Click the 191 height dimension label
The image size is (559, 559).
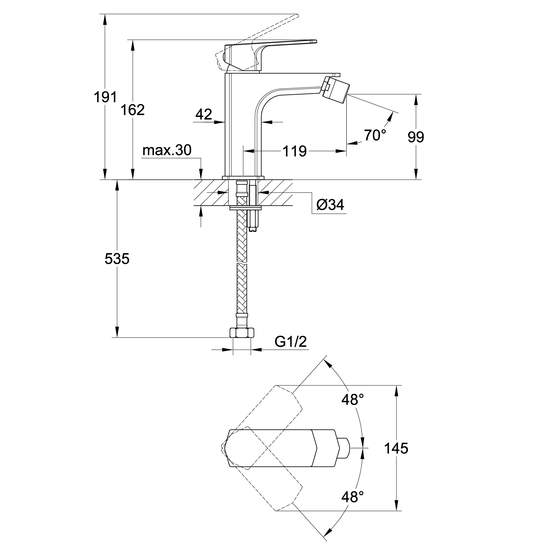point(105,97)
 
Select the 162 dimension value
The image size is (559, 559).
point(132,110)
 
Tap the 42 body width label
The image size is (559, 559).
point(204,114)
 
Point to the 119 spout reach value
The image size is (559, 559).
point(295,151)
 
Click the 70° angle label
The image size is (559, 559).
point(375,135)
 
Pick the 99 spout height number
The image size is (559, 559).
point(416,137)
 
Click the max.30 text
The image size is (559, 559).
point(167,150)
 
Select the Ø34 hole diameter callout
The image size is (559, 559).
point(330,205)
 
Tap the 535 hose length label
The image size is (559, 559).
point(117,259)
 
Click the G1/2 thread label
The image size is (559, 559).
point(290,342)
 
